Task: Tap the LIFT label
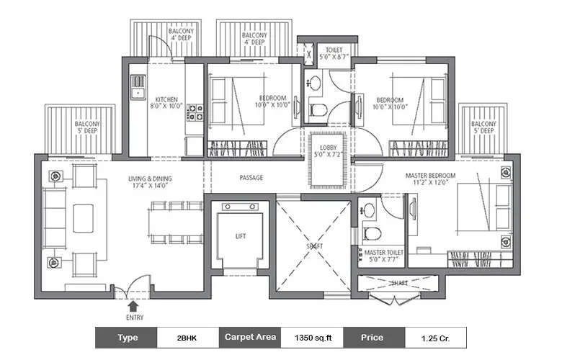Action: coord(241,235)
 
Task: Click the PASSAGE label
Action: coord(251,177)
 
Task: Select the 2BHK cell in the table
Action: coord(186,337)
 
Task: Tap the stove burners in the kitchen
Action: coord(195,112)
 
